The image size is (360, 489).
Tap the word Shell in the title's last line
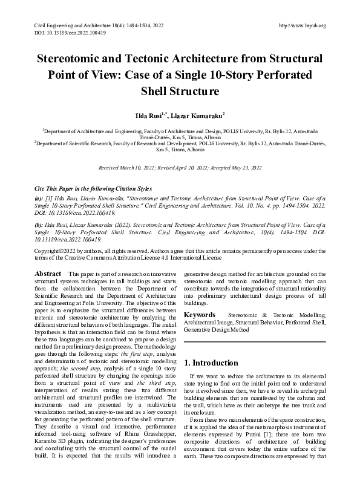coord(155,92)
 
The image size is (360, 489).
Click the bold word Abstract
coord(48,274)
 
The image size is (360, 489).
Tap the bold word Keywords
coord(199,315)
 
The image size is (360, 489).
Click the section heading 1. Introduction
coord(211,363)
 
